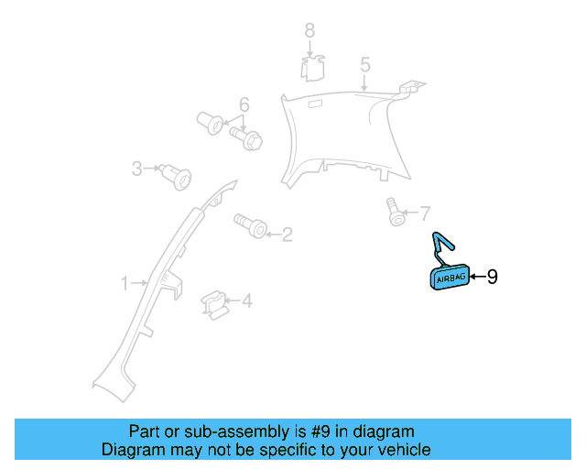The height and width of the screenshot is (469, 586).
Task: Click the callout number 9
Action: (492, 277)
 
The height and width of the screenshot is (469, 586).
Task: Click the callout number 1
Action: (125, 284)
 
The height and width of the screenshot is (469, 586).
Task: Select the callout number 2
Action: (287, 235)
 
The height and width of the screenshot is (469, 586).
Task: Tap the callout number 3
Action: (136, 169)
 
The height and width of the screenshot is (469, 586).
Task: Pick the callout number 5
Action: (364, 65)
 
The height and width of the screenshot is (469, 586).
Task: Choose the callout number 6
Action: (244, 104)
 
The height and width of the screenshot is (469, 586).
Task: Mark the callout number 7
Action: (424, 214)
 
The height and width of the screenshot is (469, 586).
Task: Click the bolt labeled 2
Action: (251, 224)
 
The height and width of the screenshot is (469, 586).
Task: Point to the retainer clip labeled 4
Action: (212, 303)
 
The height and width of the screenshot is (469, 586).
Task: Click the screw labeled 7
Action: (395, 213)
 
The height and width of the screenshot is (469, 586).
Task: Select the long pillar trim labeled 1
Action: (156, 293)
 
